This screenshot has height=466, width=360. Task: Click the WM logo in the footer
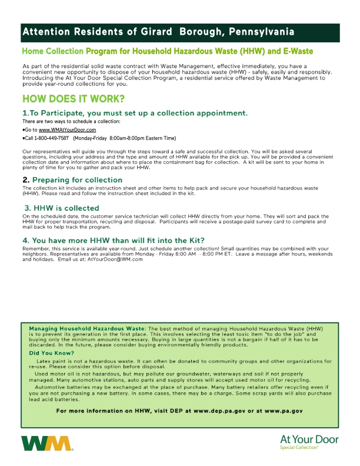46,444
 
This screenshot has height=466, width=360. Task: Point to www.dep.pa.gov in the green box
228,410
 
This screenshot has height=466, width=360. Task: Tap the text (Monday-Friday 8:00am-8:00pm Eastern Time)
124,138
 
